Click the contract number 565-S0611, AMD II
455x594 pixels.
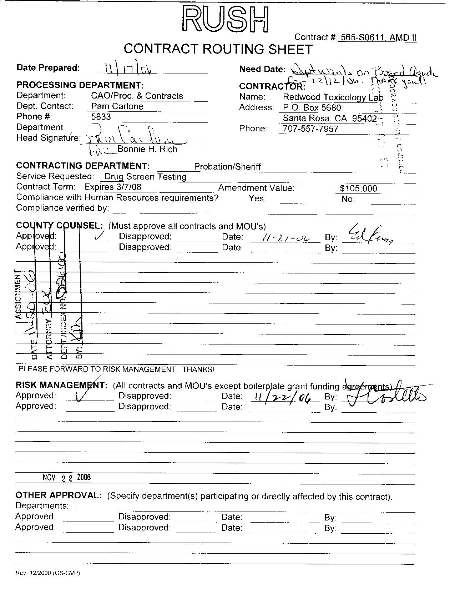(x=378, y=37)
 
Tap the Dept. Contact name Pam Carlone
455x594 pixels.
(x=117, y=106)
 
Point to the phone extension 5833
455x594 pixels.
(x=101, y=117)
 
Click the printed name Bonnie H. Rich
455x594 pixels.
(x=147, y=149)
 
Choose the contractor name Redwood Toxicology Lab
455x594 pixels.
(x=333, y=97)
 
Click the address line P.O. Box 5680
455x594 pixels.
(x=312, y=108)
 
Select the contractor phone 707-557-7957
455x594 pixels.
(x=310, y=129)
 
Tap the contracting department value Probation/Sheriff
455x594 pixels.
(x=227, y=167)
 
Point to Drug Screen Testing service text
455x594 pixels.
(x=145, y=177)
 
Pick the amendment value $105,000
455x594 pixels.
(x=358, y=189)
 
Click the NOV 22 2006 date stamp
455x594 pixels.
(x=66, y=478)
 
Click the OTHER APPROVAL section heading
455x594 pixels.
(x=59, y=495)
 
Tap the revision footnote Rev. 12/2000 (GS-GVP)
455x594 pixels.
(x=47, y=573)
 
